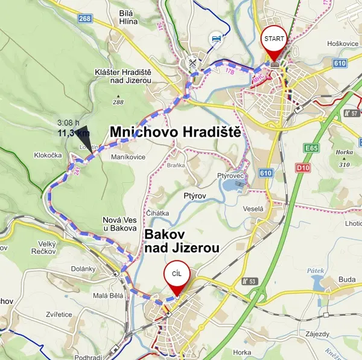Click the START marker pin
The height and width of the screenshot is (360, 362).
coord(274,40)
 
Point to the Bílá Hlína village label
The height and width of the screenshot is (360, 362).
coord(128,16)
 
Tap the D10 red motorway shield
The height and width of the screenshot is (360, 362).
coord(302,167)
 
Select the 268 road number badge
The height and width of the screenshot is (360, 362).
coord(84,19)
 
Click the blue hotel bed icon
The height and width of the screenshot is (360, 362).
coord(215,40)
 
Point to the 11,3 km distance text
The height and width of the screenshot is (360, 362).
coord(73,133)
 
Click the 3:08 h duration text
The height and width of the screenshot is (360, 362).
coord(68,123)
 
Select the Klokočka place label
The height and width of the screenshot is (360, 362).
coord(48,155)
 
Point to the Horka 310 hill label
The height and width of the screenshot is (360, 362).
coord(345,158)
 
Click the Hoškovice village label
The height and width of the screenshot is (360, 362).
coord(326,43)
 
